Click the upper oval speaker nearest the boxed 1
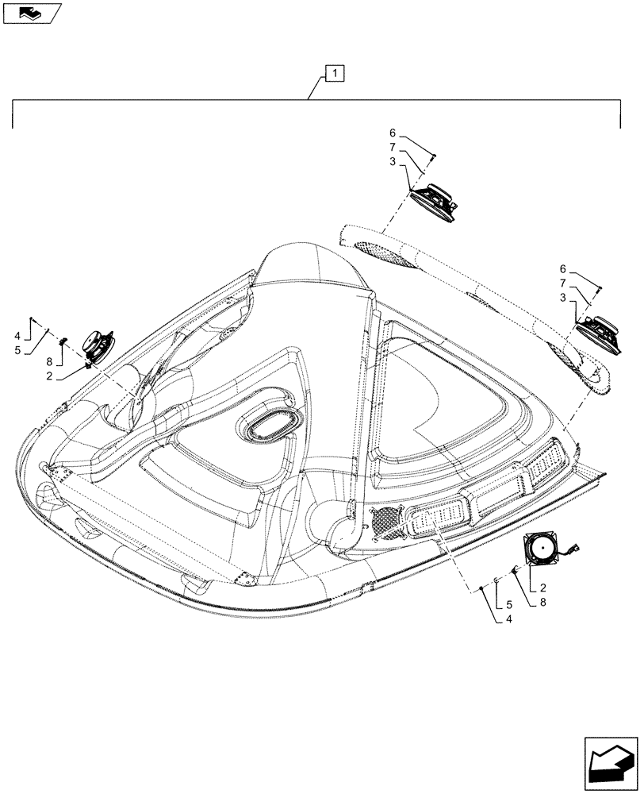[434, 199]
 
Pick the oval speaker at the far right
[599, 331]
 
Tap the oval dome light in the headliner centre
[270, 428]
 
